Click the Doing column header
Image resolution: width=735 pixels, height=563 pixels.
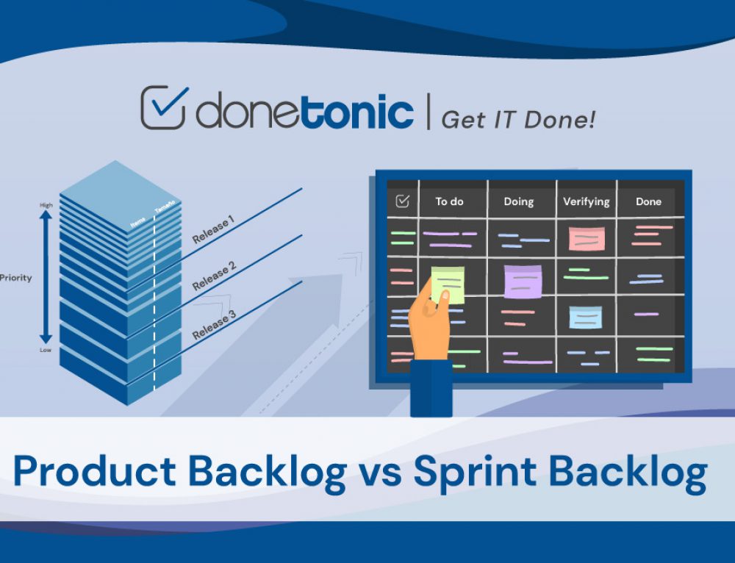pos(518,201)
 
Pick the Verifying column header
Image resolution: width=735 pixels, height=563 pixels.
pos(586,201)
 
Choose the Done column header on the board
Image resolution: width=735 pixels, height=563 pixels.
pos(648,201)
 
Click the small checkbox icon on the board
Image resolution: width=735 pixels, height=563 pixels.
pos(402,201)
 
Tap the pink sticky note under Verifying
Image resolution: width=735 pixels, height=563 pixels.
pos(587,239)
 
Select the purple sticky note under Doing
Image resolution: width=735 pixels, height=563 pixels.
pos(523,281)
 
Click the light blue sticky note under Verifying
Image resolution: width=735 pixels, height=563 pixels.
pos(586,317)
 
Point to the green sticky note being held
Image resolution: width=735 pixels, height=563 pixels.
pos(448,282)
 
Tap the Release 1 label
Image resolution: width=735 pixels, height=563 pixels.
pos(213,229)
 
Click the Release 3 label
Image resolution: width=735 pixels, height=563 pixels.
pos(214,324)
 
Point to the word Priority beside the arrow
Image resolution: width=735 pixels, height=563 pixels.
pos(16,279)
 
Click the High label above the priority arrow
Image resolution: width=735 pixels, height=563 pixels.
pos(46,205)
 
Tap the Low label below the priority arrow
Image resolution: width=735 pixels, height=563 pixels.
pos(46,350)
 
